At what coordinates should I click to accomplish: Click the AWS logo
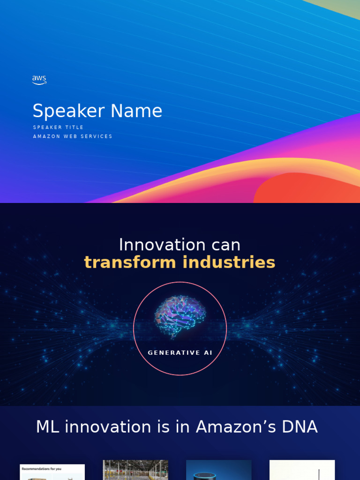pos(39,80)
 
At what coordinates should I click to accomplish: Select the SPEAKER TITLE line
pos(58,127)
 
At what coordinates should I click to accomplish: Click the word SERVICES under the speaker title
pos(97,136)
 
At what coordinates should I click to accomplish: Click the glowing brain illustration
pos(180,317)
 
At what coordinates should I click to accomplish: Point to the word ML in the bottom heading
pos(47,427)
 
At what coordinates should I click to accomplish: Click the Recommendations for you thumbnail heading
pos(41,468)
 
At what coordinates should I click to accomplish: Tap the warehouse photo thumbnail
pos(135,470)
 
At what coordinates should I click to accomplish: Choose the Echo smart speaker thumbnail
pos(218,471)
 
